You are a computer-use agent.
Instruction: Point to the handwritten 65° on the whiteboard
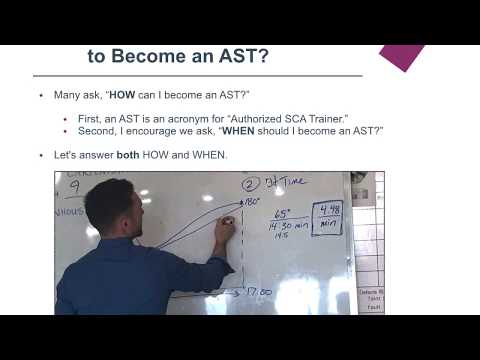tap(285, 215)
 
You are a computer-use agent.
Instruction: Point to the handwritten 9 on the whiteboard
tap(73, 186)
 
